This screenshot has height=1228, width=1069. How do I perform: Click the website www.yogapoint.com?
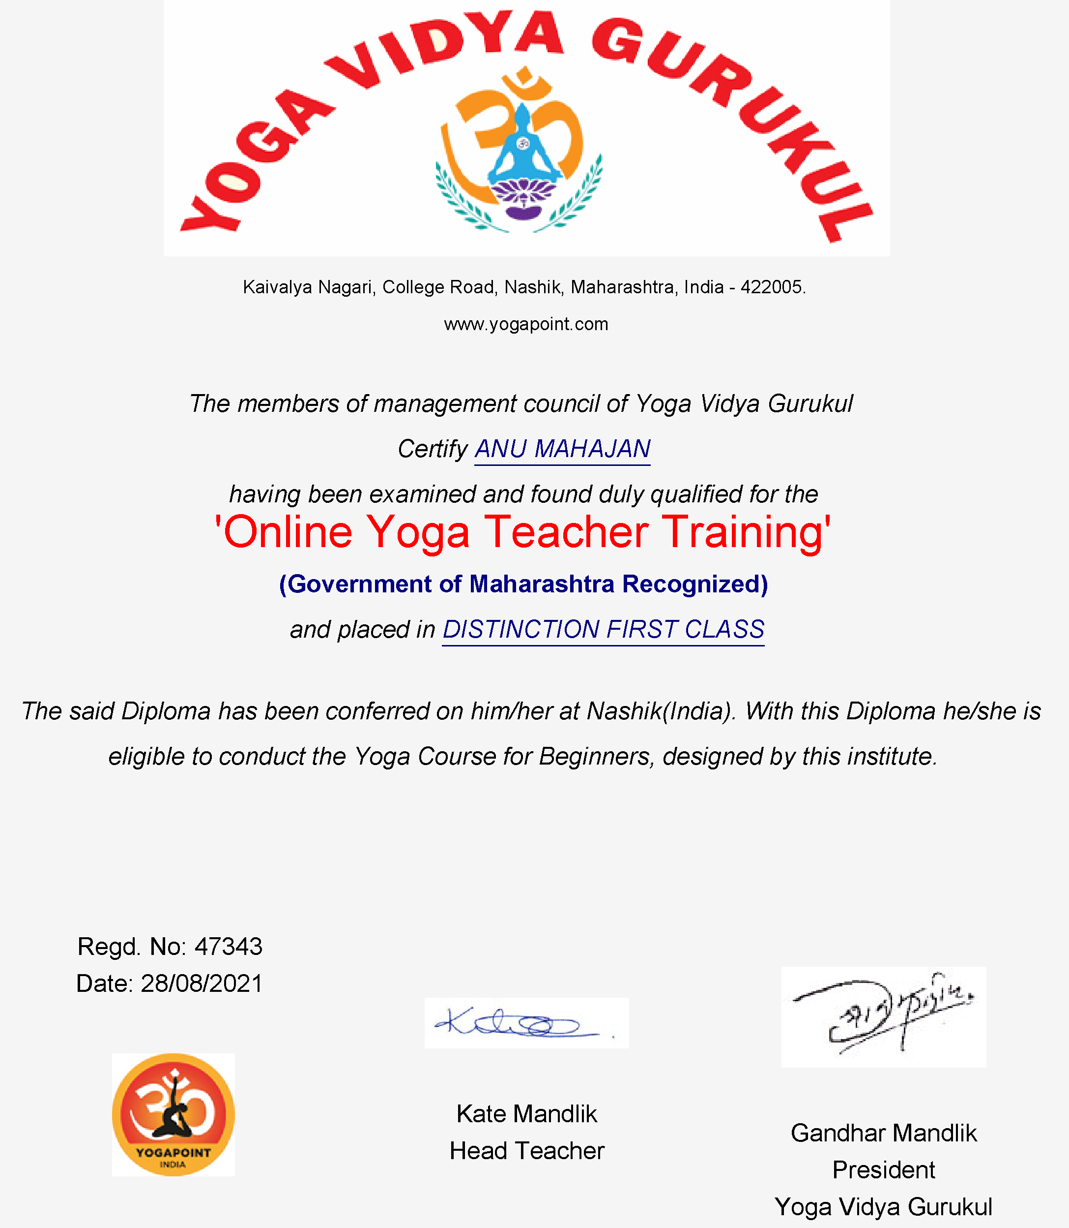point(526,324)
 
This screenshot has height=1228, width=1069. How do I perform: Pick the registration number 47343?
point(229,946)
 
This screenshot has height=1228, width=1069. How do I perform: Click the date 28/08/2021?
point(202,983)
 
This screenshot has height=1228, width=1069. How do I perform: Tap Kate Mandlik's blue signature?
point(519,1023)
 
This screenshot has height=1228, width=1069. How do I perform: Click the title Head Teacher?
point(527,1150)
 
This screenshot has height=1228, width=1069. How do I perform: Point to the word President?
point(884,1169)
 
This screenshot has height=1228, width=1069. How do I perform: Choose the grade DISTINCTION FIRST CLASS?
point(603,629)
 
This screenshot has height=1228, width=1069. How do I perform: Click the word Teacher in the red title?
point(566,532)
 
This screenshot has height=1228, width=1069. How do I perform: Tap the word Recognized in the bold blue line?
point(694,584)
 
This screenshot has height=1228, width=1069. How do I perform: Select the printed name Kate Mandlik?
point(527,1113)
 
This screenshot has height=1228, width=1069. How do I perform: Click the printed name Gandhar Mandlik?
point(884,1133)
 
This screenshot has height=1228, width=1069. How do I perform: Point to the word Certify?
point(433,449)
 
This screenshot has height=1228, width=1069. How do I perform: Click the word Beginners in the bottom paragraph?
point(594,756)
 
